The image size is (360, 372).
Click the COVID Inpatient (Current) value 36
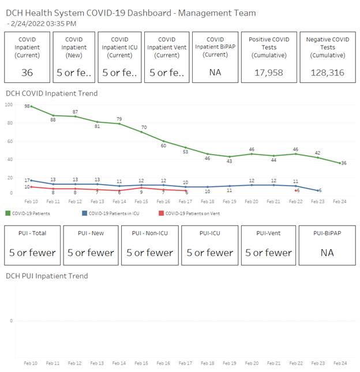27,73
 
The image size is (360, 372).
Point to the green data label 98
27,107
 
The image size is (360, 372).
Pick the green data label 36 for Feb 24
343,163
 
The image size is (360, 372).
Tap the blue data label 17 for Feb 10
26,181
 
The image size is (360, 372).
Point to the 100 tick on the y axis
9,104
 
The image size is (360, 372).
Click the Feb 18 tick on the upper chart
208,202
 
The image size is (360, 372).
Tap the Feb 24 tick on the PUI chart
340,363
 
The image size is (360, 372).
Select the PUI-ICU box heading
209,233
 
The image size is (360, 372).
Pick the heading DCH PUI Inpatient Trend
47,276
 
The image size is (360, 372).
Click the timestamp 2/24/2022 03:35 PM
44,23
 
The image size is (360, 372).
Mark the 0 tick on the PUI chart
12,321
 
